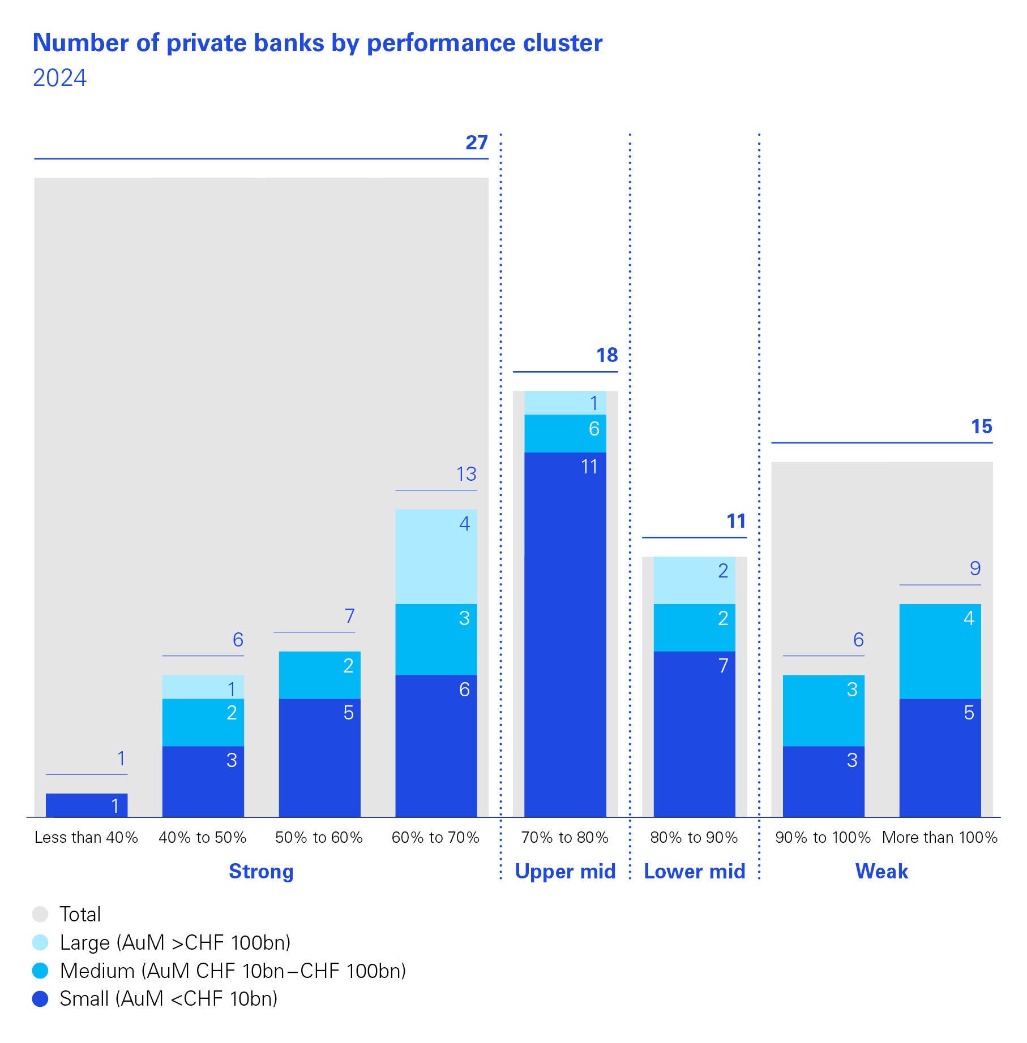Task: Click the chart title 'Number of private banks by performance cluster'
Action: tap(318, 44)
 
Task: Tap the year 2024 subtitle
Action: tap(59, 78)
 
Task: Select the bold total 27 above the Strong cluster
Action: tap(476, 143)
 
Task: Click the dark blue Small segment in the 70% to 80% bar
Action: tap(565, 633)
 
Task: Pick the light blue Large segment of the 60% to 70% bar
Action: tap(436, 557)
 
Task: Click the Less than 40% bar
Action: tap(87, 805)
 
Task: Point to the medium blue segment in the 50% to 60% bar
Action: tap(319, 675)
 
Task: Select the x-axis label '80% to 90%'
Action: tap(694, 837)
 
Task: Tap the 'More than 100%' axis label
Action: tap(940, 837)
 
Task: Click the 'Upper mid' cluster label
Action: tap(565, 872)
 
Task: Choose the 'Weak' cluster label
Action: tap(881, 872)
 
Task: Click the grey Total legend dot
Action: tap(40, 915)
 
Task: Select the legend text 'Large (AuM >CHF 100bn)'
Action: tap(175, 943)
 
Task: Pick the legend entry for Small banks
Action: tap(168, 999)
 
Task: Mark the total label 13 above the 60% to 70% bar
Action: tap(467, 474)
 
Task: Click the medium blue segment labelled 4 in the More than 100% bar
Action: tap(940, 651)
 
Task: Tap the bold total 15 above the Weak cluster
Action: tap(982, 426)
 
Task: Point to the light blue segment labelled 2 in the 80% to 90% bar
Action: tap(694, 580)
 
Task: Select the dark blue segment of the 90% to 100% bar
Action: tap(823, 781)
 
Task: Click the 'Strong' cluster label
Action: tap(261, 872)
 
